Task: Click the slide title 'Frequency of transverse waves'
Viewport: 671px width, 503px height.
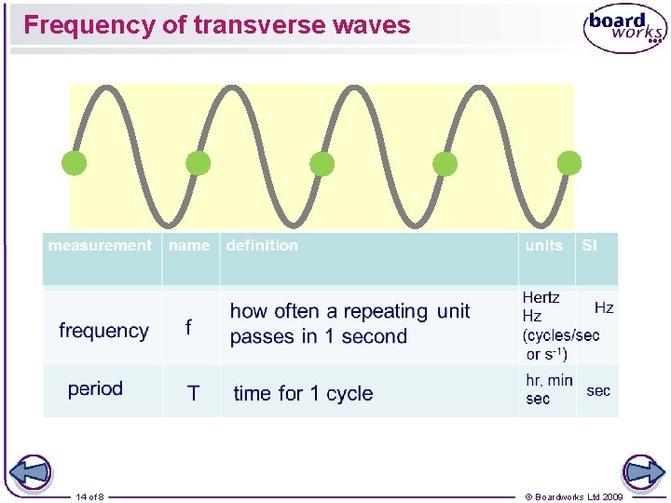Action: point(216,25)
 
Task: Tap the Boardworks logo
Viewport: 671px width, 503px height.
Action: point(624,29)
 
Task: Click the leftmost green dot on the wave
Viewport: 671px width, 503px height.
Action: point(74,164)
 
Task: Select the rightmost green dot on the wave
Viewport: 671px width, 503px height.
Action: point(568,164)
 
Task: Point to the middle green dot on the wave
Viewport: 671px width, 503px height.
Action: point(322,164)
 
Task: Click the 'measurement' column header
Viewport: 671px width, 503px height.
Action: point(100,246)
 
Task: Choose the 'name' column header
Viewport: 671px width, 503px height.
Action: point(189,246)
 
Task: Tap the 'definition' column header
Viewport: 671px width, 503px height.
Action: point(262,246)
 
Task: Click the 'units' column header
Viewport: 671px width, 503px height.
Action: point(544,246)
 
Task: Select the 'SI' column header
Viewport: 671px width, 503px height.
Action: point(590,246)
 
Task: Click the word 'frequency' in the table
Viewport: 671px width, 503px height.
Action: point(103,331)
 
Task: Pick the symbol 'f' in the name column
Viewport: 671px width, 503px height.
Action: point(189,327)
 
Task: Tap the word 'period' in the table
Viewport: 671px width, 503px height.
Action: point(95,388)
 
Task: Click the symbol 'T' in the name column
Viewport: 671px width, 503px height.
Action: point(193,393)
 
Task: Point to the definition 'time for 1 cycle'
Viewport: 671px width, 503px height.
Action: point(303,394)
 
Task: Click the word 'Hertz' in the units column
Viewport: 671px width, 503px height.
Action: point(541,298)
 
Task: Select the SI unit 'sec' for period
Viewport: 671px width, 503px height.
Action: point(598,390)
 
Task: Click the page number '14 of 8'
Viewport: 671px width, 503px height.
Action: point(90,497)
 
